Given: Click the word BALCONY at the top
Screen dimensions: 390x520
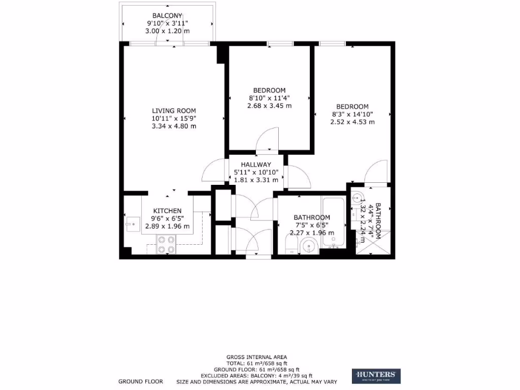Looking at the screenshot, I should click(167, 15).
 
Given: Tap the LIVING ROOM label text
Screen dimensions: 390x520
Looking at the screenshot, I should click(174, 110).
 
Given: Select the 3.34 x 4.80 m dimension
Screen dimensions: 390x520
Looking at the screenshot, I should click(174, 126).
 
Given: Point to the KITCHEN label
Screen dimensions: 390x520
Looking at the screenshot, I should click(168, 211).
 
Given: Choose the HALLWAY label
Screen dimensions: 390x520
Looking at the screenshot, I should click(256, 165).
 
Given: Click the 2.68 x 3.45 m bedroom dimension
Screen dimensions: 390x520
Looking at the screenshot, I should click(269, 106).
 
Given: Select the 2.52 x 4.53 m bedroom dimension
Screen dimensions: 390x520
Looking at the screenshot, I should click(352, 122).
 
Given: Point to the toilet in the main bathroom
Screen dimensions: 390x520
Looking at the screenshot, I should click(291, 248).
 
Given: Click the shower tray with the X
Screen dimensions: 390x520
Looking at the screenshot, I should click(376, 243).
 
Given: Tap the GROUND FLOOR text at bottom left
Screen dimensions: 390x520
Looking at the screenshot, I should click(141, 381).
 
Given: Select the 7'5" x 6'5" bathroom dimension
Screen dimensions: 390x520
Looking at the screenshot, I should click(311, 225).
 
